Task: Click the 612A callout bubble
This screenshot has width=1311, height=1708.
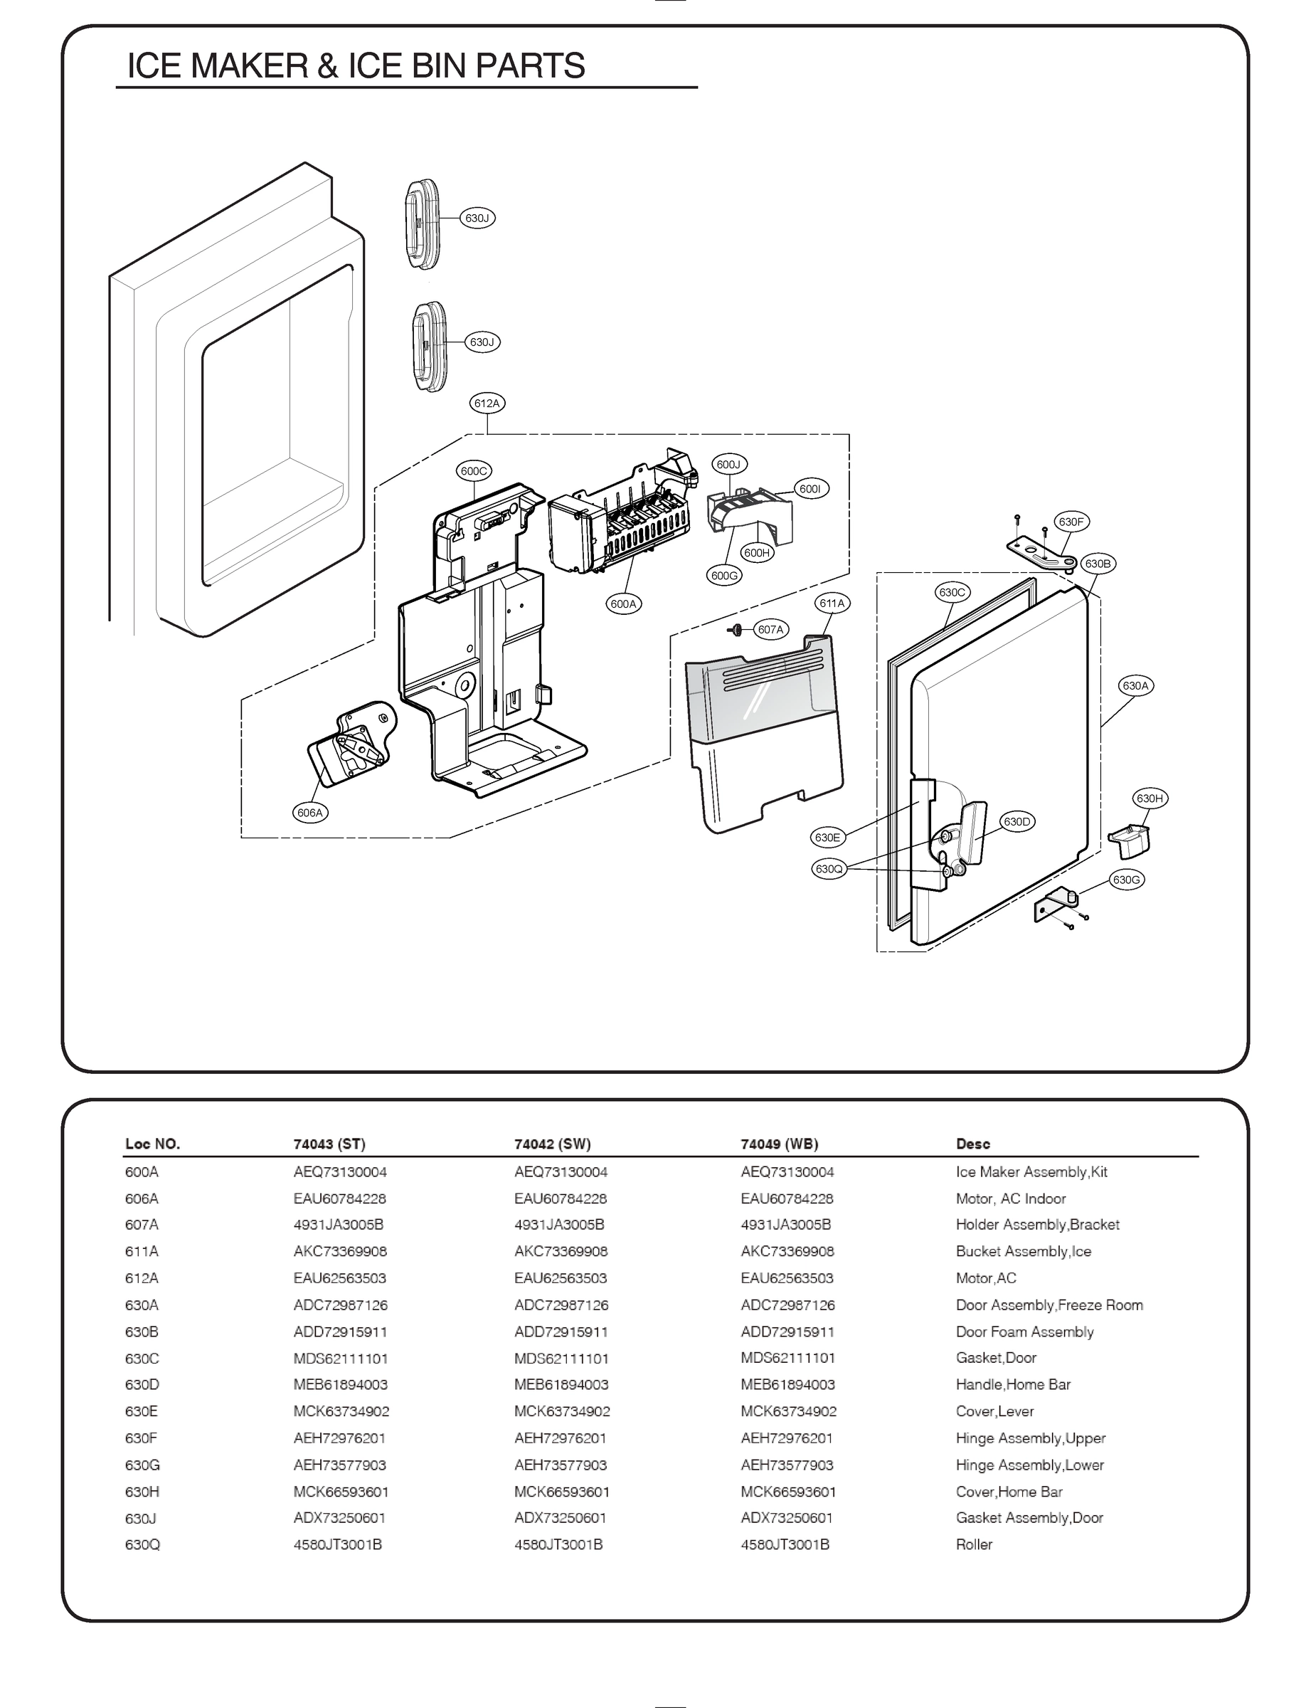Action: (486, 404)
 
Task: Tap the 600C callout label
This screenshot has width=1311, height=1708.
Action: (474, 470)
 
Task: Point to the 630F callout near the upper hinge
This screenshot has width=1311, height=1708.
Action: (1071, 522)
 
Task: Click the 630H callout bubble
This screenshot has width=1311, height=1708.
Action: (1150, 798)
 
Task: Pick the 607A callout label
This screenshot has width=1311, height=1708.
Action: (770, 629)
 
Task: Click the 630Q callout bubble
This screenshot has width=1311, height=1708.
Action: (829, 869)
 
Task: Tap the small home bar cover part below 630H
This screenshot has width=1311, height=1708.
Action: (1130, 839)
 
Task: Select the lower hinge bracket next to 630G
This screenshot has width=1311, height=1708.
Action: (1054, 905)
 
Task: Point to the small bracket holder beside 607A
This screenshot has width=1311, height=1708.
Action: (735, 629)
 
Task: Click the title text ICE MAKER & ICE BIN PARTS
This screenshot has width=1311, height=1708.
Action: (356, 65)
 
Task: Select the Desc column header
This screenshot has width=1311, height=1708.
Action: (972, 1144)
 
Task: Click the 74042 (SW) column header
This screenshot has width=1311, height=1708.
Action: (552, 1144)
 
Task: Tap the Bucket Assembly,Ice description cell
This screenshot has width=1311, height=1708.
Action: (1023, 1251)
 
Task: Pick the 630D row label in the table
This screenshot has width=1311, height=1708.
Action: (142, 1384)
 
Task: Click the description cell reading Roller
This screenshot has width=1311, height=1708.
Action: (974, 1544)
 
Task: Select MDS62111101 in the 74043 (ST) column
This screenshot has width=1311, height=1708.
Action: (340, 1359)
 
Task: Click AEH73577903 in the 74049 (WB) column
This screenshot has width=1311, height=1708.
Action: (787, 1465)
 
